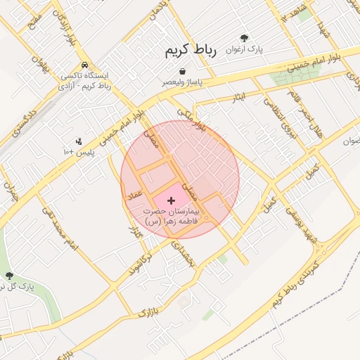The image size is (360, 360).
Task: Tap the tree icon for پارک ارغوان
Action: [244, 38]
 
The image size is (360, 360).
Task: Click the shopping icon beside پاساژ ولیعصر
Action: [182, 71]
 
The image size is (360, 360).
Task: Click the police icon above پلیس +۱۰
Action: [78, 141]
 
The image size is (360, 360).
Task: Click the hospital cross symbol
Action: [171, 200]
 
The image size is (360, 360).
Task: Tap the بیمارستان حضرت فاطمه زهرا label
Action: [172, 216]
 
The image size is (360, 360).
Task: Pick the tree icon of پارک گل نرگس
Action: [9, 276]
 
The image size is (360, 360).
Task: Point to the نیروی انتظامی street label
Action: [275, 113]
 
